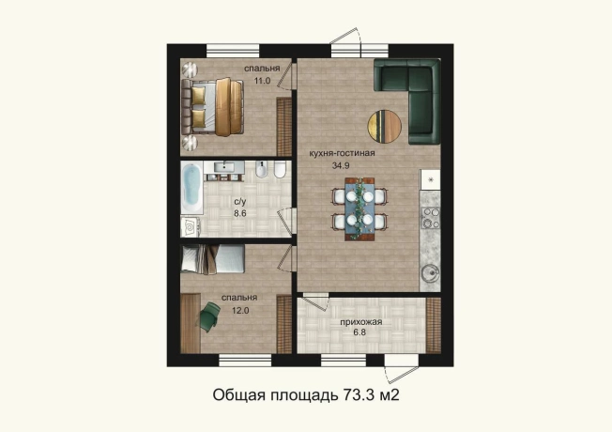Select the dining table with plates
point(360,208)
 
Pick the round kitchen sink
point(431,273)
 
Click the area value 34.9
point(341,165)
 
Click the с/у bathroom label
point(239,201)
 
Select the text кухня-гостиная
point(343,153)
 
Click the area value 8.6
point(239,213)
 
